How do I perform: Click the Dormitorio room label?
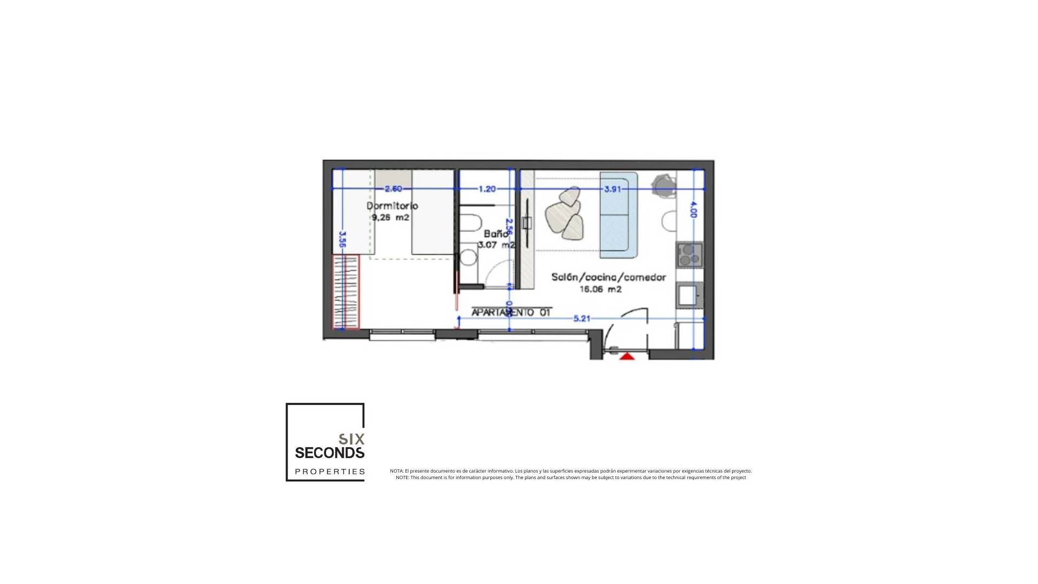[392, 206]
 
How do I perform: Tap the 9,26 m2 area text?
[390, 218]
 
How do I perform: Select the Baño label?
[495, 234]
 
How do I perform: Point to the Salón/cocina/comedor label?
[608, 277]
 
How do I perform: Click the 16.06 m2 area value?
[600, 289]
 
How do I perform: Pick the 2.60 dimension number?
[393, 189]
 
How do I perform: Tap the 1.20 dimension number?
[487, 189]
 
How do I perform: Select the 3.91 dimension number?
[613, 189]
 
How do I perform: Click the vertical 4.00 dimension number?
[694, 210]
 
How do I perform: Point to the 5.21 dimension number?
[582, 318]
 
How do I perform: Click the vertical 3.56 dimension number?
[342, 240]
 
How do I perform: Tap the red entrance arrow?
[627, 356]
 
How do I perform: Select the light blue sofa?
[619, 215]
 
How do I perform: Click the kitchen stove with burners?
[689, 255]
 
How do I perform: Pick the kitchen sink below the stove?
[688, 295]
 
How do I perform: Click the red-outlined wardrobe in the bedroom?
[345, 291]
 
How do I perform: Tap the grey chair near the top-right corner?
[663, 185]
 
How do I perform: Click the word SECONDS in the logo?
[329, 453]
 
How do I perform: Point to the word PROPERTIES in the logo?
[330, 472]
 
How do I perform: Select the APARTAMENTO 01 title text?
[511, 313]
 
